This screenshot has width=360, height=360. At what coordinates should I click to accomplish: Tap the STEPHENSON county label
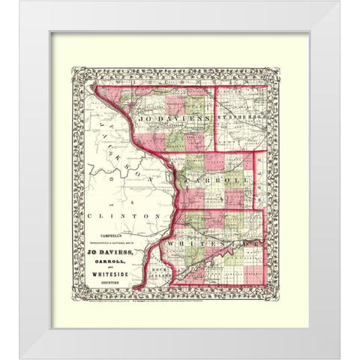pyautogui.click(x=241, y=117)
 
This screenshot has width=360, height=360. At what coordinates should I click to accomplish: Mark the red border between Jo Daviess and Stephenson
pyautogui.click(x=216, y=120)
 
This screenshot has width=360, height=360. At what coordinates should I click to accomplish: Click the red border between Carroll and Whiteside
pyautogui.click(x=225, y=211)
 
